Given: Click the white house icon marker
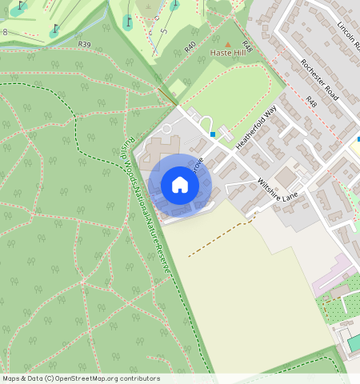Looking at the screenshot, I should click(180, 185).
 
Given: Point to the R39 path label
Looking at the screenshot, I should click(85, 45).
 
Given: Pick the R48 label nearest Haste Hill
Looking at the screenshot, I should click(247, 48).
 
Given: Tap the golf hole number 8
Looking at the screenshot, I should click(5, 32).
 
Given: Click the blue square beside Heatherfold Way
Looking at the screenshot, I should click(213, 135).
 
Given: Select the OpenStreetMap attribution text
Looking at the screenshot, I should click(81, 378).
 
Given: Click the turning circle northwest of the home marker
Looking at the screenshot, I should click(166, 128).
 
